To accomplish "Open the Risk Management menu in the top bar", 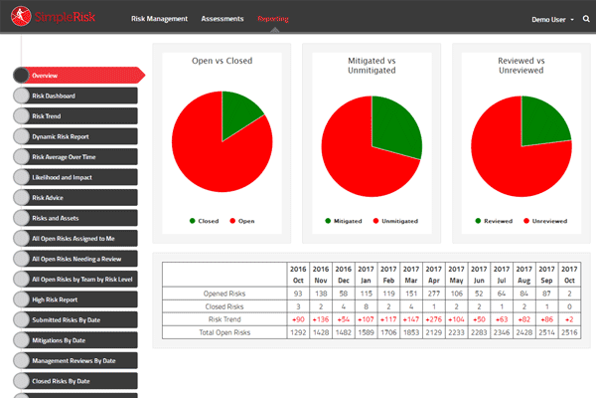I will (159, 19).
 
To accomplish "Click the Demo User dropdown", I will (551, 19).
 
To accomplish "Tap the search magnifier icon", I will (587, 19).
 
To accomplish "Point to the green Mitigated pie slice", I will (394, 129).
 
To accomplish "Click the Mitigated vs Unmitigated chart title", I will (371, 66).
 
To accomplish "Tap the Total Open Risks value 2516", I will (569, 331).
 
